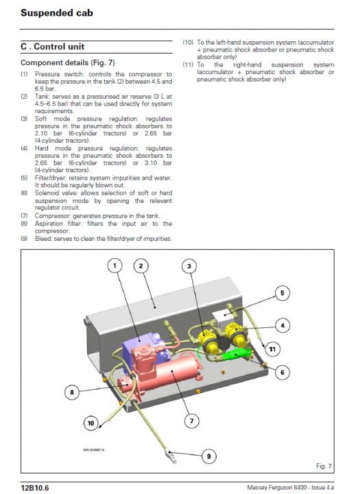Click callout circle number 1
pos(115,266)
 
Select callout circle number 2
pos(141,266)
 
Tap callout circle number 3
pos(189,266)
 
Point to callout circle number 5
pos(283,293)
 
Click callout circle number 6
pos(283,373)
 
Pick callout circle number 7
pos(191,421)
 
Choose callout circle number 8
pos(72,392)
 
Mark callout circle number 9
pos(209,456)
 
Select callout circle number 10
pos(91,423)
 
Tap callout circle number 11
pos(272,349)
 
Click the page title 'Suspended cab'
pos(57,13)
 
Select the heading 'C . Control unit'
pos(53,47)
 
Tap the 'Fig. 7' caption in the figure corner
pos(324,466)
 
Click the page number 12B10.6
pos(35,488)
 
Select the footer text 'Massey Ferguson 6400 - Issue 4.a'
pos(290,487)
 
